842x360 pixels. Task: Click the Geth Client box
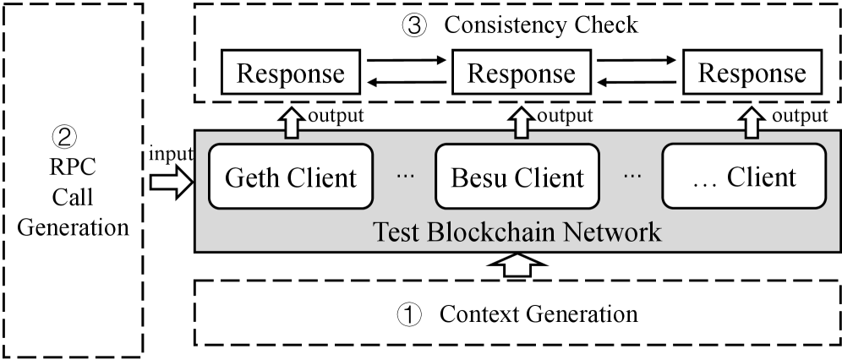(291, 177)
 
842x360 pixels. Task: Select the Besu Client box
(517, 177)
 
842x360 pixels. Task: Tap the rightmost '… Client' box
(741, 177)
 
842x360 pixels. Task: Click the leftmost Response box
(291, 73)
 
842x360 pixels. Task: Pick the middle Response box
(522, 73)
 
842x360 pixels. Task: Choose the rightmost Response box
(751, 73)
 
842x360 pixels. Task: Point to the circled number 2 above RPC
(72, 136)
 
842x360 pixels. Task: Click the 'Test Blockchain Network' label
(517, 231)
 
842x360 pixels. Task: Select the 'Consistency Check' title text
(541, 25)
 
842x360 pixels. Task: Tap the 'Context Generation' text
(539, 314)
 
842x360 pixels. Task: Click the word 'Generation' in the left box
(72, 227)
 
